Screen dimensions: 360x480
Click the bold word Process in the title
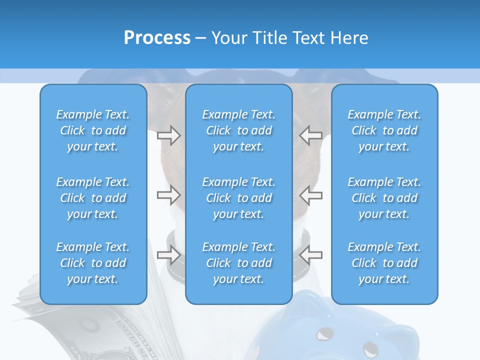click(157, 38)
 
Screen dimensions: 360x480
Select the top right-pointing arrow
click(168, 135)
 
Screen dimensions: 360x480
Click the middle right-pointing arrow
click(168, 195)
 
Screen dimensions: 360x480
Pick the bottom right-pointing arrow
click(168, 254)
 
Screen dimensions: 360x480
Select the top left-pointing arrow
click(310, 135)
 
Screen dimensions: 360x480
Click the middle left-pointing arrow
click(310, 195)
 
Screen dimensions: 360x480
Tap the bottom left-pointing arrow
click(310, 254)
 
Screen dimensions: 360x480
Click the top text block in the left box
click(93, 130)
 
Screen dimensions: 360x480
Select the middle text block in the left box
click(93, 198)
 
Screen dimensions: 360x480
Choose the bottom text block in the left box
click(93, 263)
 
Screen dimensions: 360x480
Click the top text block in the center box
click(239, 130)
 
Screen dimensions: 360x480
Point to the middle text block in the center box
click(239, 198)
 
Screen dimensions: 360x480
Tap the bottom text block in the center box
click(239, 263)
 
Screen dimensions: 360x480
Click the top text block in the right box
click(384, 130)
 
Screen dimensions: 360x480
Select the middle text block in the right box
click(384, 198)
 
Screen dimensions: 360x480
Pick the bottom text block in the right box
click(384, 263)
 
